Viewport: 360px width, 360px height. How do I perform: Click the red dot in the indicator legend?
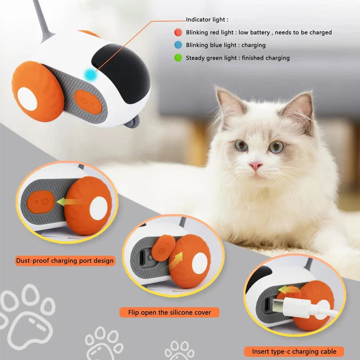pos(178,32)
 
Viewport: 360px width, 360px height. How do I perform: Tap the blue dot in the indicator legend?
pos(178,45)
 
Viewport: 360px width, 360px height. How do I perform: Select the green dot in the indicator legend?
pos(178,58)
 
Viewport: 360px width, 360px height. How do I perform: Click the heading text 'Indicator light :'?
pos(207,20)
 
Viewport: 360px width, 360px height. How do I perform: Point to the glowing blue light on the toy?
pos(92,75)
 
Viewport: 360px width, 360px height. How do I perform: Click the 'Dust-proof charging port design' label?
pos(65,261)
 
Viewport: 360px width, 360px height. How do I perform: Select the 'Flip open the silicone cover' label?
pos(170,312)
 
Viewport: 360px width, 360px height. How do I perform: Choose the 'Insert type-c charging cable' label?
pos(294,351)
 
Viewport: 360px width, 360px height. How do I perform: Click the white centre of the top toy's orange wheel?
pos(27,99)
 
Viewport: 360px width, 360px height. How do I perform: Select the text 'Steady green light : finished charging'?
pos(238,58)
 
